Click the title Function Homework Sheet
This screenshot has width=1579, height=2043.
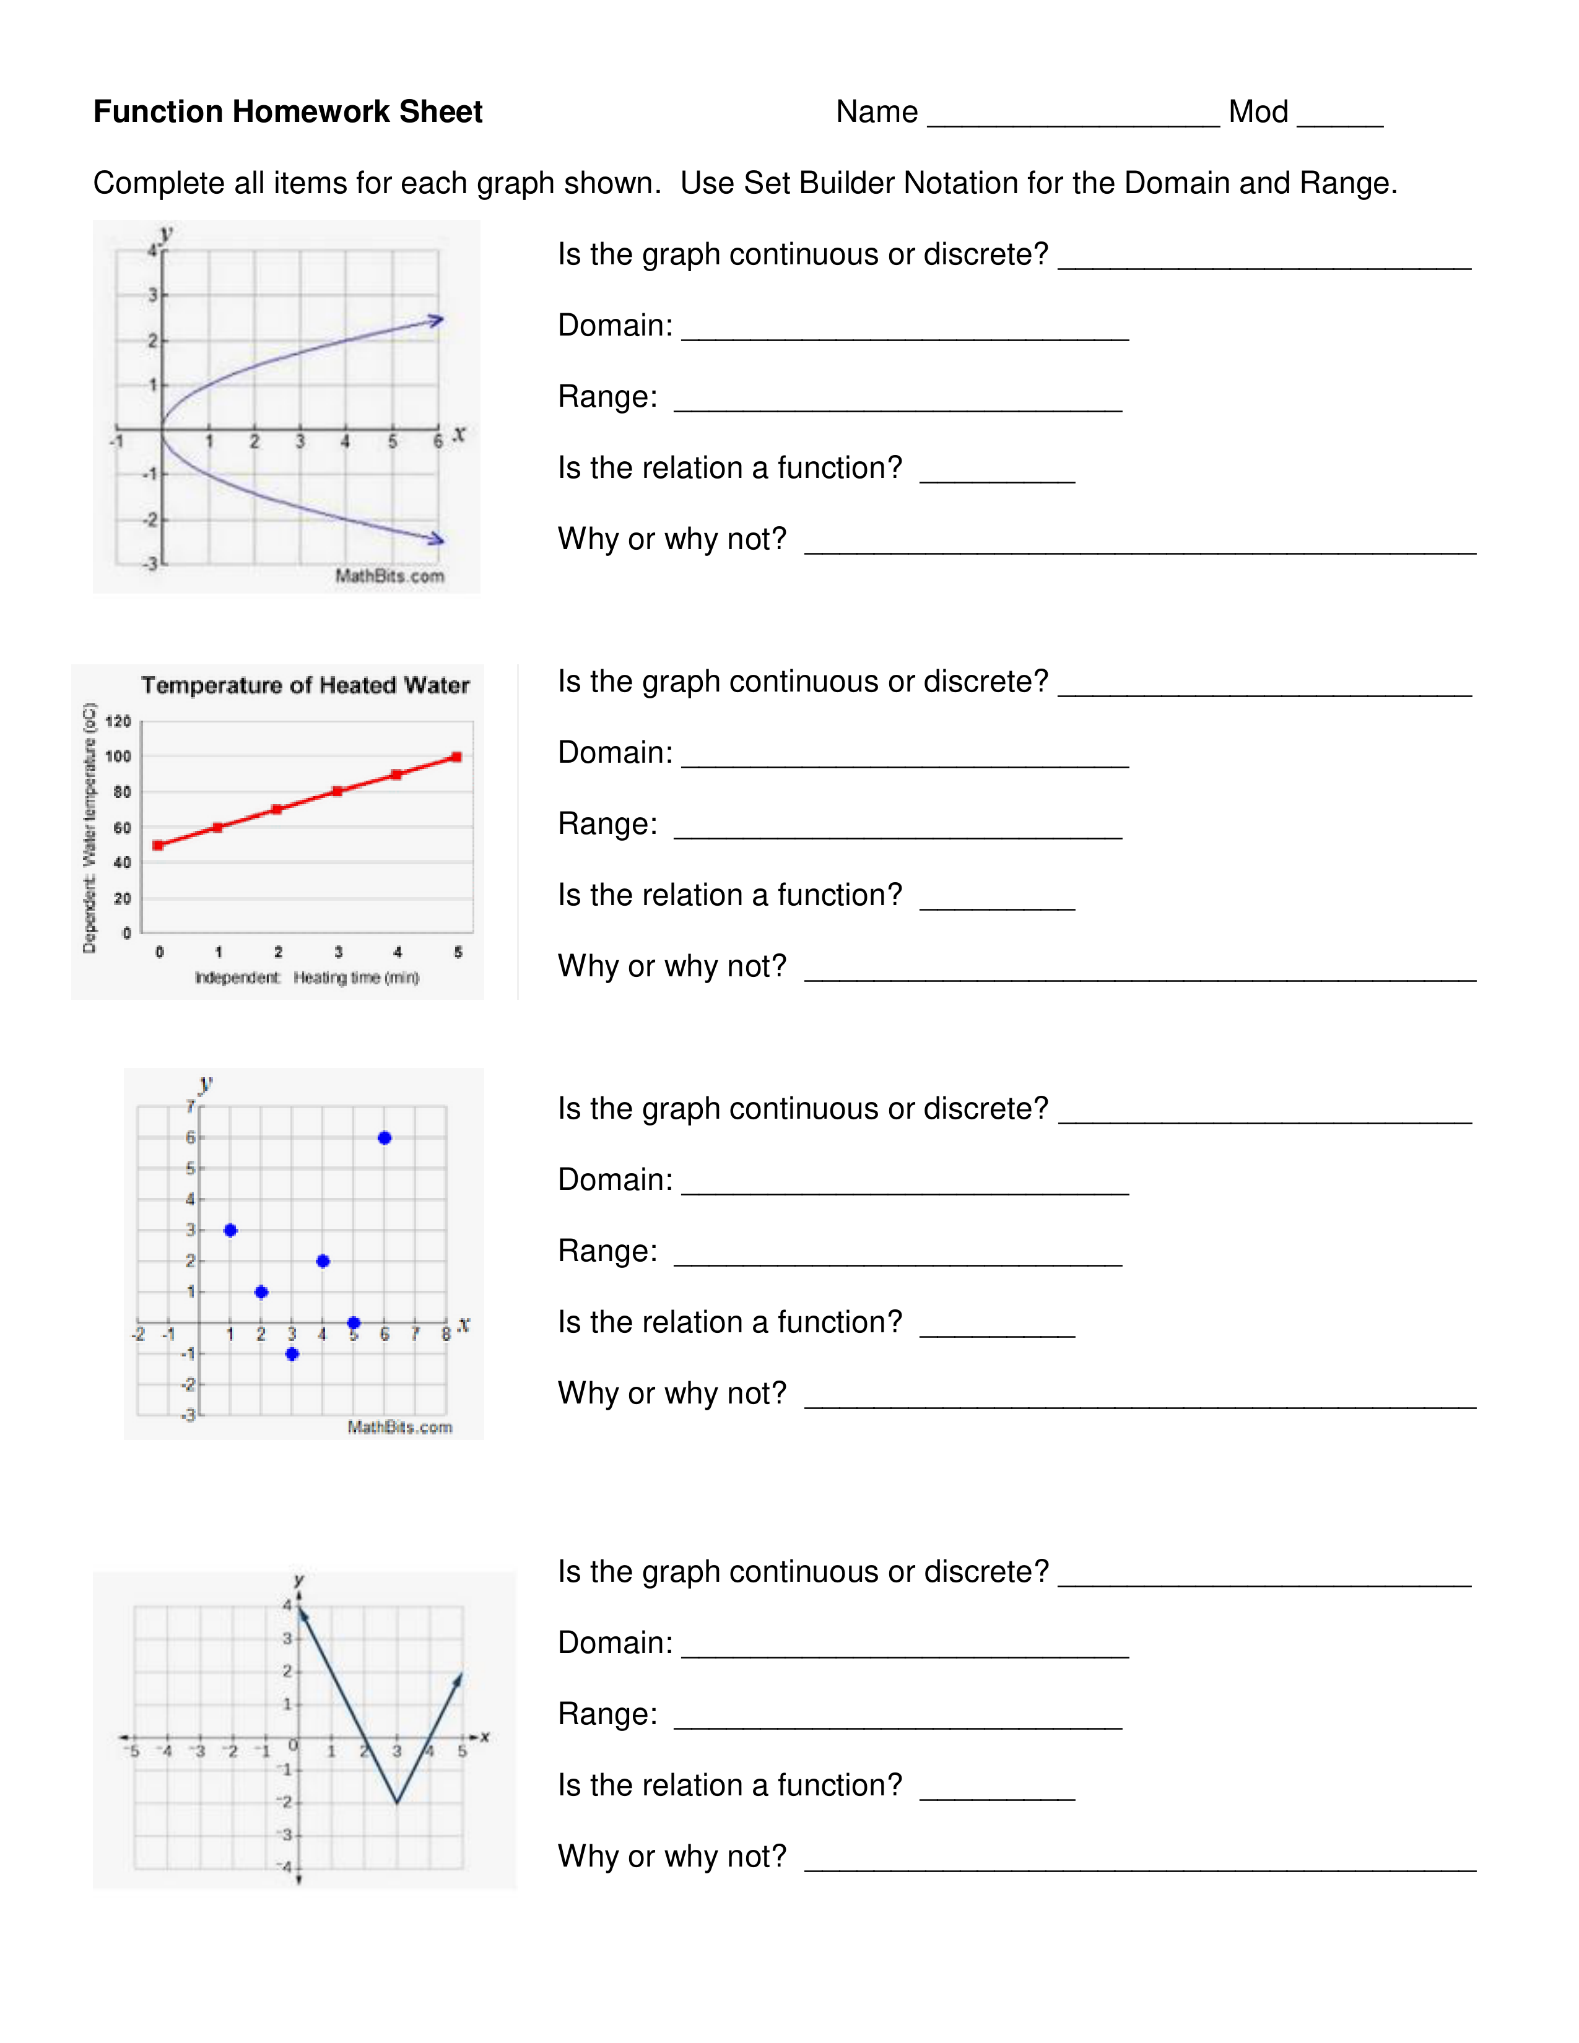(287, 111)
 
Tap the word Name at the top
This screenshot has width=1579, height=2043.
(876, 111)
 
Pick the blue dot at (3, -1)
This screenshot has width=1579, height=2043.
(292, 1353)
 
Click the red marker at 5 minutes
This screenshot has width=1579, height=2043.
(456, 757)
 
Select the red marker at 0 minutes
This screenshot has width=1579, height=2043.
(158, 844)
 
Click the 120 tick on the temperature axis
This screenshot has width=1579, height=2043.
(118, 721)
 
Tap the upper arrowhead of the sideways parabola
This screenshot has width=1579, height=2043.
(436, 320)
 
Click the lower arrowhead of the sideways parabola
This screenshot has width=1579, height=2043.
(436, 539)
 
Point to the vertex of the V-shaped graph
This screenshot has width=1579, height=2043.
(397, 1802)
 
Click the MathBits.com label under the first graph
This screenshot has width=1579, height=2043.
(389, 576)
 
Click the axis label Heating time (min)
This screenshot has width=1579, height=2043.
(355, 978)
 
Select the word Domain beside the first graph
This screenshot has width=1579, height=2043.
(615, 326)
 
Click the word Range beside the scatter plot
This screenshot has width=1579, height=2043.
(607, 1251)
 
